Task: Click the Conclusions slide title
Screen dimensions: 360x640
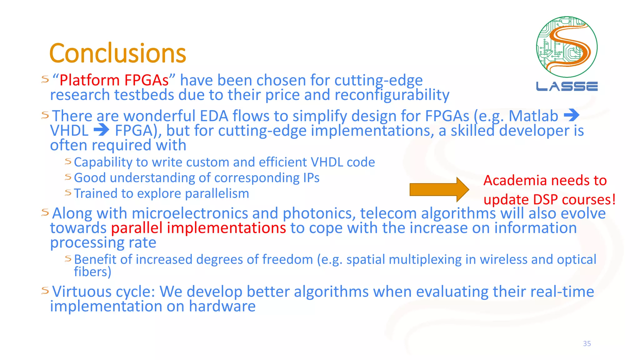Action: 117,53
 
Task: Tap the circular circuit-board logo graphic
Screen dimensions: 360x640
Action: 567,47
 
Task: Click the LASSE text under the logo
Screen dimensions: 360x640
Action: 567,87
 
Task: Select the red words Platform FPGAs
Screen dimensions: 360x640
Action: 114,80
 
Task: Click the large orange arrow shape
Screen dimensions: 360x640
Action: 439,189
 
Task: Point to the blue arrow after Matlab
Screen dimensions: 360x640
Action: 572,115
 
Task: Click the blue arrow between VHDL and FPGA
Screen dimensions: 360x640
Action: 102,130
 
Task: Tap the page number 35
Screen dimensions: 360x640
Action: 587,343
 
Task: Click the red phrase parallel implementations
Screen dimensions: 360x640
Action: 198,228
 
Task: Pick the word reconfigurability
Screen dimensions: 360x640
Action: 392,95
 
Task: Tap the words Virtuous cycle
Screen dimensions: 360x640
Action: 103,292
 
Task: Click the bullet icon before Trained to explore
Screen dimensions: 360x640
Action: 68,192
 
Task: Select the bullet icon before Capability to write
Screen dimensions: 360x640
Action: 68,161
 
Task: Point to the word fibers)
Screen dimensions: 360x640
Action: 92,272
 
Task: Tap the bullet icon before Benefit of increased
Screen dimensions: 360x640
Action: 68,258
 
